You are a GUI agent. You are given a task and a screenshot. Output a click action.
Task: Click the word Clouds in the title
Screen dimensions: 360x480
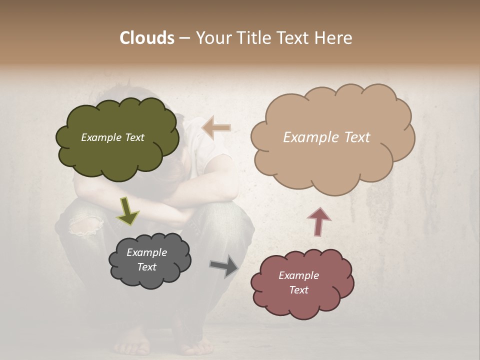point(146,38)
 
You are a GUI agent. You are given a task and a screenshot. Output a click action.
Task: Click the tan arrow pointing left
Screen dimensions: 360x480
point(216,128)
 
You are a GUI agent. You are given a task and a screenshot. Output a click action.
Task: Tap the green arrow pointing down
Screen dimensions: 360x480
point(127,210)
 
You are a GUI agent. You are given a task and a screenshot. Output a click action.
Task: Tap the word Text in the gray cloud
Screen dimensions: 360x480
point(147,267)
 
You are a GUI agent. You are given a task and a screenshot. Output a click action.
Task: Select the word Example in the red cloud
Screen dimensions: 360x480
point(298,275)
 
